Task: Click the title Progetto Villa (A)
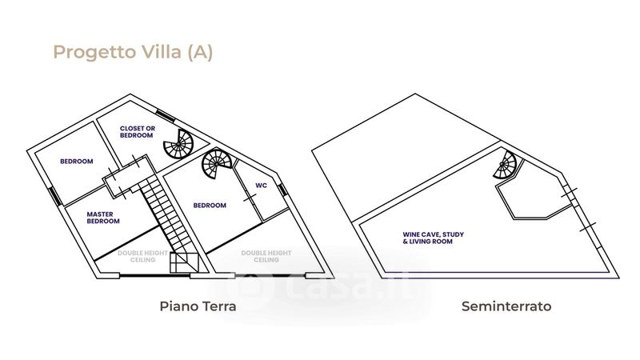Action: point(133,53)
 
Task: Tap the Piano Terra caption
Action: point(198,306)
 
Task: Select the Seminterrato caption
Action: point(506,306)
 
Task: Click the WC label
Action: point(261,186)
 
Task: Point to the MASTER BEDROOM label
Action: point(103,218)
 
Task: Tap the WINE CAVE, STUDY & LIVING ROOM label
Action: point(434,238)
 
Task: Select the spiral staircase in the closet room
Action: point(178,145)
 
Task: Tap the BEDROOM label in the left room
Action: point(77,162)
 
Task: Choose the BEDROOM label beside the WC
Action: point(210,206)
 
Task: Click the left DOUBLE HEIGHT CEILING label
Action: point(143,256)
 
